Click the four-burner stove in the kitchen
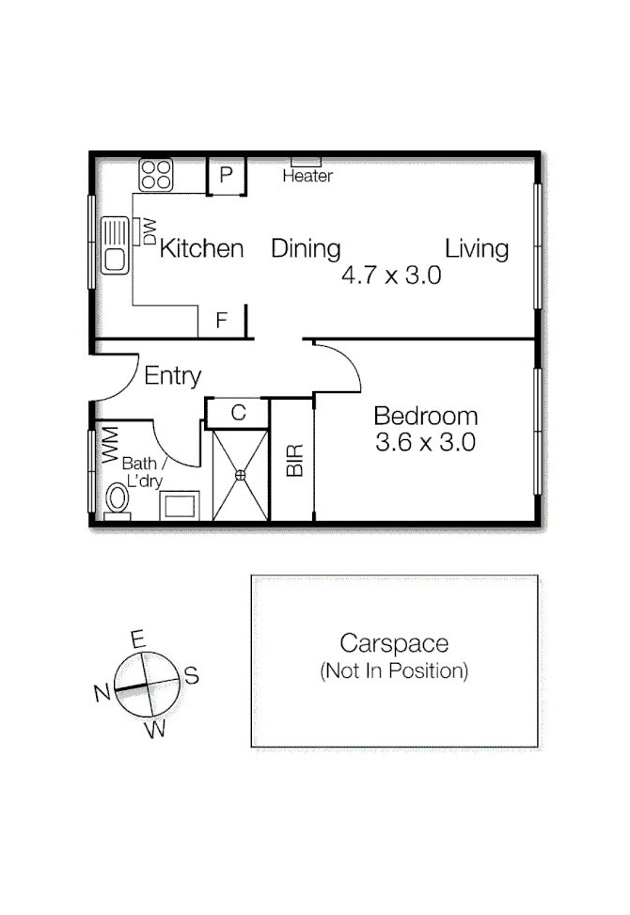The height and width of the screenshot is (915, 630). pos(156,175)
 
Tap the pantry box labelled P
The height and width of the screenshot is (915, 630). pos(226,175)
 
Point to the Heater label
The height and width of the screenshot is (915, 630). pos(307,176)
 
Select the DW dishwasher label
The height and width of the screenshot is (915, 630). pos(149,231)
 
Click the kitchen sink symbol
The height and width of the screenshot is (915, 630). pos(116,245)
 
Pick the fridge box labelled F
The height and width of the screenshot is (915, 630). pos(222,321)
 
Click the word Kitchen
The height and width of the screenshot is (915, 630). pos(201,248)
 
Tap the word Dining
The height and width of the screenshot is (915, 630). pos(306,248)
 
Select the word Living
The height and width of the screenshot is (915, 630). pos(477,248)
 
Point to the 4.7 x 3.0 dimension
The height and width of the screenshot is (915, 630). pos(391,276)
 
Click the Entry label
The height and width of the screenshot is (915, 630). pos(173,376)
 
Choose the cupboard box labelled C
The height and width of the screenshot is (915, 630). pos(238,412)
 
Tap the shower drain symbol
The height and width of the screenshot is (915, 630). pos(240,475)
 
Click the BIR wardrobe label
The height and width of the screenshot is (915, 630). pos(295,459)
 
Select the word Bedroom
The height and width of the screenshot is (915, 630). pos(425,416)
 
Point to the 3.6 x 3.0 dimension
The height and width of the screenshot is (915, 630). pos(425,442)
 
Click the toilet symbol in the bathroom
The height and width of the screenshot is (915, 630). pos(118,497)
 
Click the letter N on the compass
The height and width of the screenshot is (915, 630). pos(102,693)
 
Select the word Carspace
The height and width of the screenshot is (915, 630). pos(394,643)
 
